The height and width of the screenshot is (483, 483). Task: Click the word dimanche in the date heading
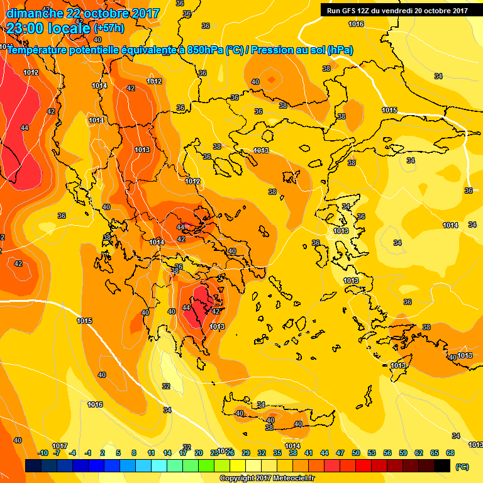coord(30,13)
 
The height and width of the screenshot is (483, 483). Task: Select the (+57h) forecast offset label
coord(109,29)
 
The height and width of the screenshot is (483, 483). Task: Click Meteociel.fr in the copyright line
coord(289,479)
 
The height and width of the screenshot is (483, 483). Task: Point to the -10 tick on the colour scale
coord(43,453)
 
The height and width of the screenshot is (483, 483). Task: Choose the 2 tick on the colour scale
coord(103,453)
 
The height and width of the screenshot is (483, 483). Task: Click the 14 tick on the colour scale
coord(167,453)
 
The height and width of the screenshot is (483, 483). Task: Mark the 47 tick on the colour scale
coord(340,453)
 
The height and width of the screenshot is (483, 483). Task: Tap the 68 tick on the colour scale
coord(450,453)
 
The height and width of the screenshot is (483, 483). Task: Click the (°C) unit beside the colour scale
coord(462,467)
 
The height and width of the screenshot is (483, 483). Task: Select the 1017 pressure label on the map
coord(60,446)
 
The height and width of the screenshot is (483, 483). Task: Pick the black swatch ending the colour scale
coord(442,465)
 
